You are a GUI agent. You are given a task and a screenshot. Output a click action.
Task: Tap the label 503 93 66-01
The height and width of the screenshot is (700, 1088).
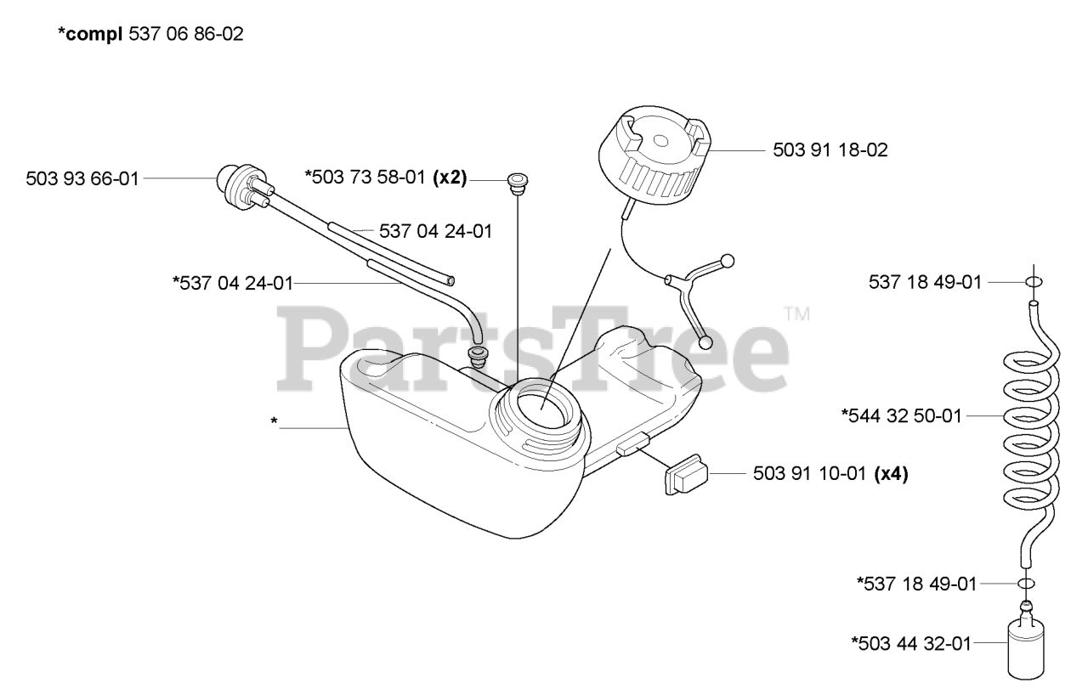(x=82, y=178)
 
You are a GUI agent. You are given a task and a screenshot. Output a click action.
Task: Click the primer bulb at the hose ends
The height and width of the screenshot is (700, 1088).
(x=229, y=179)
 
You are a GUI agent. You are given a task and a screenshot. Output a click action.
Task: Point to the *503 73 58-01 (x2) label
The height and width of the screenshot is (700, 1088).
(x=385, y=178)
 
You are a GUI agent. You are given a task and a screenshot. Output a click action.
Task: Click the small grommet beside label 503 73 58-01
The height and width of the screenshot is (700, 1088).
(x=515, y=180)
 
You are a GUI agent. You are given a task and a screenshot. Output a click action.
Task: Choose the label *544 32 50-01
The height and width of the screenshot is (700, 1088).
(x=901, y=415)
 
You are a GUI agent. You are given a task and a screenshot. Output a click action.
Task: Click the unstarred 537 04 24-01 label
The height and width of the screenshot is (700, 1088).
(x=423, y=230)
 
